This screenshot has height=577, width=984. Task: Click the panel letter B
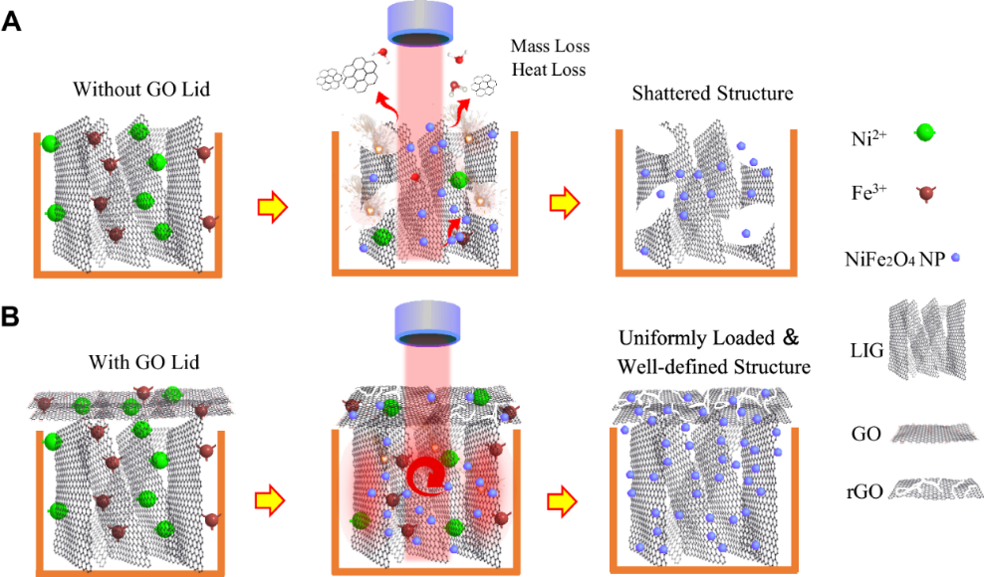pyautogui.click(x=13, y=318)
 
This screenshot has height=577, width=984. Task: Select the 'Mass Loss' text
pyautogui.click(x=550, y=46)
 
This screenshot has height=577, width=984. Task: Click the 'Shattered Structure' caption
pyautogui.click(x=712, y=94)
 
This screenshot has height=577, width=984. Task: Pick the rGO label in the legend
pyautogui.click(x=862, y=490)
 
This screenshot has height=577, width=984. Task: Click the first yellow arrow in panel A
pyautogui.click(x=272, y=207)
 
